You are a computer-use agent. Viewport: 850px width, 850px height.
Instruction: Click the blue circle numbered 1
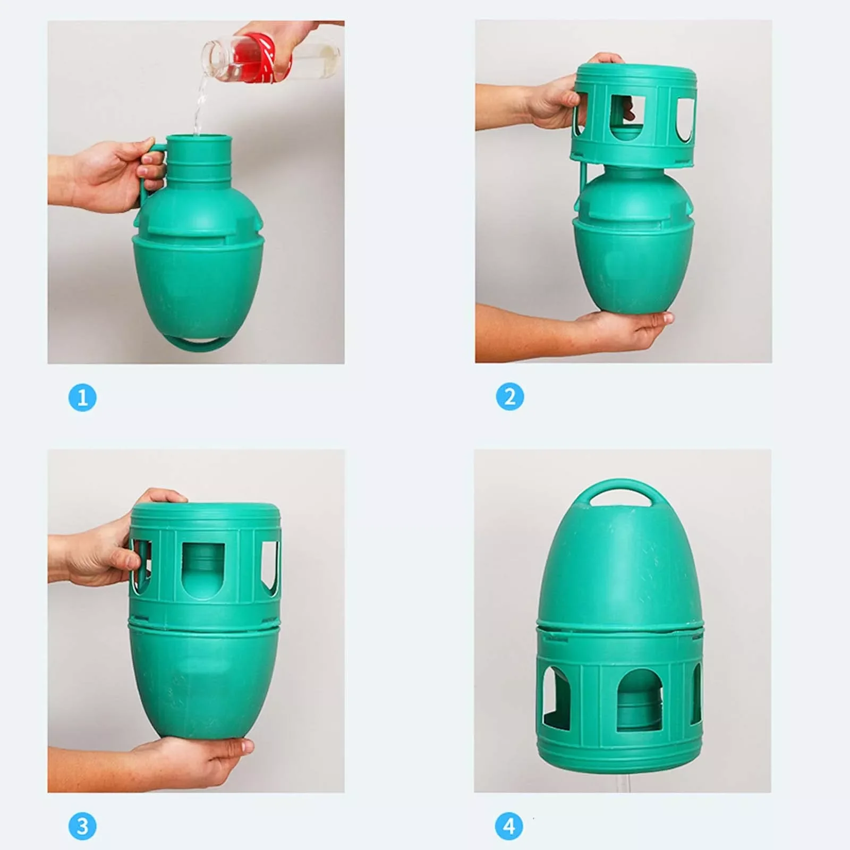coord(82,397)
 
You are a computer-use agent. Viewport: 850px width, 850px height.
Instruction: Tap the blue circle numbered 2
coord(510,397)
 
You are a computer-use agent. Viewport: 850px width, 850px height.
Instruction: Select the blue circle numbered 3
coord(82,826)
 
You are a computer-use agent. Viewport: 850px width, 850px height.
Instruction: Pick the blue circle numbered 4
coord(509,826)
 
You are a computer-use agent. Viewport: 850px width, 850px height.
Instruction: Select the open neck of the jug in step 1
coord(199,140)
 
